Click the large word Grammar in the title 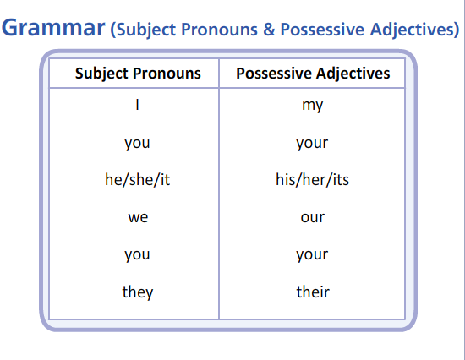tap(53, 28)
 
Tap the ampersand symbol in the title tap(269, 30)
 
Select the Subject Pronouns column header tap(138, 74)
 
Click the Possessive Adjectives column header tap(313, 74)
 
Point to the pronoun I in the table tap(137, 105)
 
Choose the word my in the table tap(312, 106)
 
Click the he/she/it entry tap(137, 180)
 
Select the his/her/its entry tap(312, 180)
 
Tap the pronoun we tap(138, 218)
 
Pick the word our tap(313, 218)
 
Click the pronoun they tap(138, 292)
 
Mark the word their tap(313, 292)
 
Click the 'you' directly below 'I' tap(137, 144)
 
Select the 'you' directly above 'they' tap(137, 255)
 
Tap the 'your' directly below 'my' tap(312, 144)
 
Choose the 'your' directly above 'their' tap(312, 255)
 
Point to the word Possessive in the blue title tap(322, 30)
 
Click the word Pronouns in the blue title tap(219, 30)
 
